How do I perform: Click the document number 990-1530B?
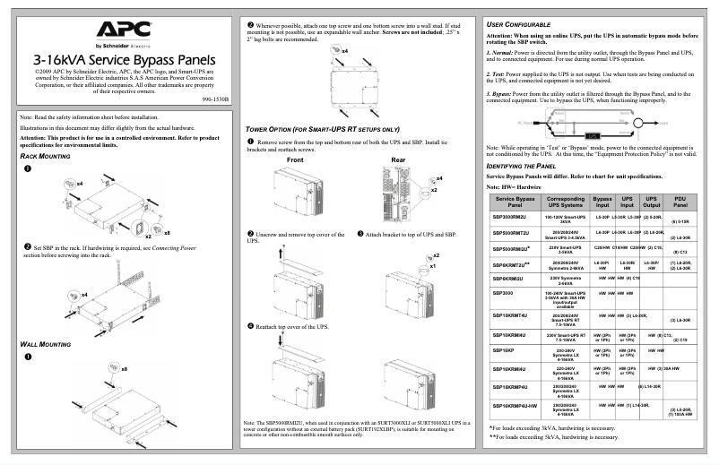click(x=212, y=99)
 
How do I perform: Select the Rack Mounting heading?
click(x=45, y=156)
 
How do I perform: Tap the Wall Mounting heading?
click(x=45, y=344)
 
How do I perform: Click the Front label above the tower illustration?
click(x=299, y=159)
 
